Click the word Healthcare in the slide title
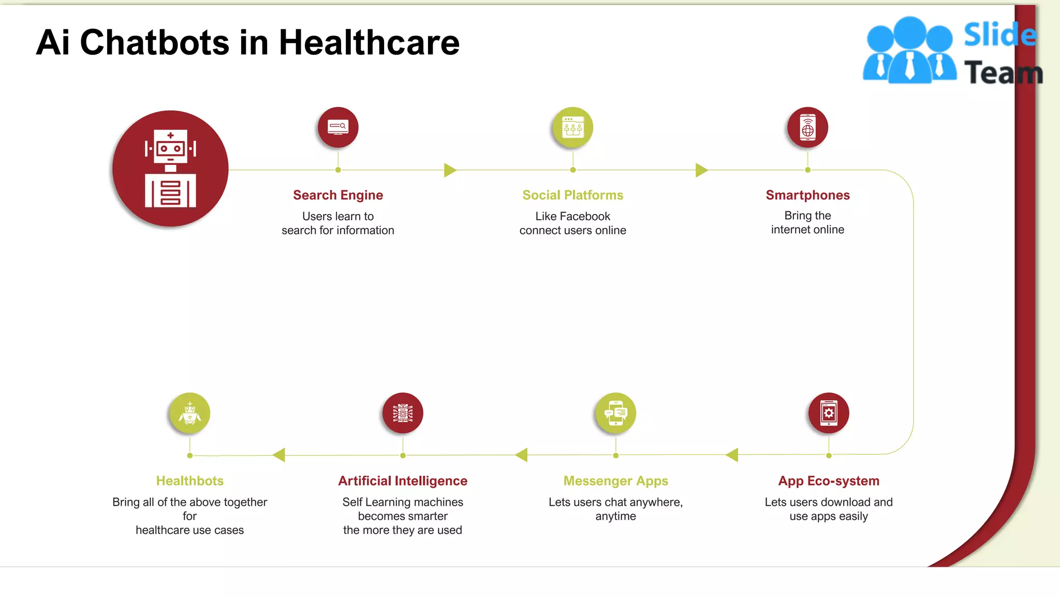369,42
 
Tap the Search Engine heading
338,195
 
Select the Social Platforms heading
572,195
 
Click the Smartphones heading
807,195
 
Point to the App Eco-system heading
829,481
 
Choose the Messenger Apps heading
615,481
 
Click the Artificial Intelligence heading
403,481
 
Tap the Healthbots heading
190,481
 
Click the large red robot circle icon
170,168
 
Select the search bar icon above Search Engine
338,127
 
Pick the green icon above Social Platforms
572,127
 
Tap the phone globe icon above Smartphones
807,127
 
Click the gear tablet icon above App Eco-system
829,413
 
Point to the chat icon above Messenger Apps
615,413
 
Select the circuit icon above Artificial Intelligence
403,413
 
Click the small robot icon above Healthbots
190,413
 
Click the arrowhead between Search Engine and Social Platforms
450,170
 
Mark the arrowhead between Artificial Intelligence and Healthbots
279,455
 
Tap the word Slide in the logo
999,35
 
